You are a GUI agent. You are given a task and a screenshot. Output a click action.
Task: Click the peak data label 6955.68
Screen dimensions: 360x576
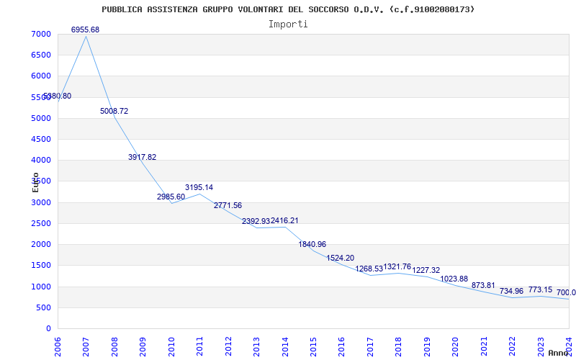(x=85, y=30)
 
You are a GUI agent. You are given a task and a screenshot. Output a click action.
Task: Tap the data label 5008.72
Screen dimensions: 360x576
(x=114, y=112)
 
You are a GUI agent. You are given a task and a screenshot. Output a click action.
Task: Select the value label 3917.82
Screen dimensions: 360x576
(x=142, y=157)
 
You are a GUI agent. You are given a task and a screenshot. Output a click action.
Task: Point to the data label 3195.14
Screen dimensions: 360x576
(x=199, y=188)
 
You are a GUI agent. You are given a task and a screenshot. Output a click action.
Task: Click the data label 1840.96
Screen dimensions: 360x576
(x=312, y=245)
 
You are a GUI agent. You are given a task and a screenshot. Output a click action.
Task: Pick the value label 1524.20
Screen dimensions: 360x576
(x=341, y=258)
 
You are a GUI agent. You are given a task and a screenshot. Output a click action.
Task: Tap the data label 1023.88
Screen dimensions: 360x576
(x=454, y=279)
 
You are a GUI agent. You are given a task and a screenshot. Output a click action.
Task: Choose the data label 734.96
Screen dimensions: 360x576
(x=511, y=291)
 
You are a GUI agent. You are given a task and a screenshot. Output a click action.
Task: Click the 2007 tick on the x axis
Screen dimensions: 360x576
(x=86, y=346)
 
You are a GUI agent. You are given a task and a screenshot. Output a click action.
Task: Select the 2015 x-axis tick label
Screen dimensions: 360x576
(x=313, y=346)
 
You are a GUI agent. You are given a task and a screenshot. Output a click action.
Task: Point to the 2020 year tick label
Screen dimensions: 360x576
(x=455, y=346)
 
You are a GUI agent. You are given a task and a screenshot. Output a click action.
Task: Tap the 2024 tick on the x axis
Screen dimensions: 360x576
(x=569, y=346)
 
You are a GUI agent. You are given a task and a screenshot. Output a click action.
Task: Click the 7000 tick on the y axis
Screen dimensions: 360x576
(x=41, y=35)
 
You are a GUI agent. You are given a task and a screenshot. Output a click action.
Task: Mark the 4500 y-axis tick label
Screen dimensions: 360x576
(x=41, y=140)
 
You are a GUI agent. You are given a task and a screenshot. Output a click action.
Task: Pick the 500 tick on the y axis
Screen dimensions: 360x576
(x=44, y=307)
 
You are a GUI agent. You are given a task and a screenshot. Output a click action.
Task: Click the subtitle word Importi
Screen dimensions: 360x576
(x=288, y=24)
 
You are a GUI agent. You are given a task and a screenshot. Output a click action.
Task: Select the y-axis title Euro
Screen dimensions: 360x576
(x=36, y=182)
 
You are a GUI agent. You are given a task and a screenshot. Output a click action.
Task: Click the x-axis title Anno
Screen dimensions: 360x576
(x=559, y=353)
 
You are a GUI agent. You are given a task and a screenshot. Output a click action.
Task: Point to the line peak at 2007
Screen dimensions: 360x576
(x=86, y=36)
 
